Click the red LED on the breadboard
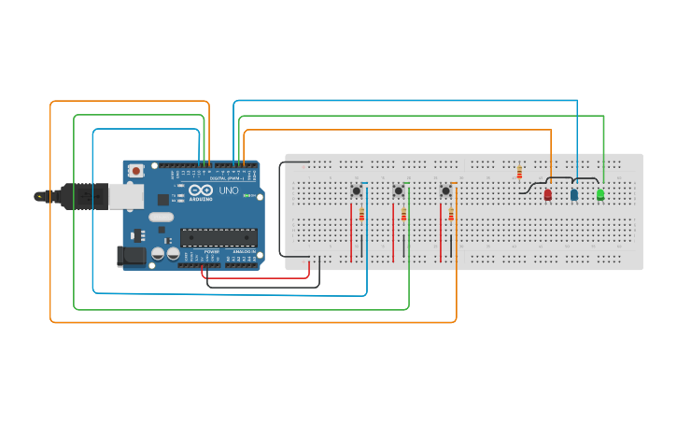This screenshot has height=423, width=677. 548,194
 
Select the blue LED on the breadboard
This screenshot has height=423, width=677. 574,194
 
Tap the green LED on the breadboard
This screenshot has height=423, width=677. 600,194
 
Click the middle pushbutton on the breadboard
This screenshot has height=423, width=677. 399,190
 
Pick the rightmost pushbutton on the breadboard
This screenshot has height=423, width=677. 445,190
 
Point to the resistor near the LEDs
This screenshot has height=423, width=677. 519,173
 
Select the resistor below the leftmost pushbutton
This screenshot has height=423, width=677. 360,216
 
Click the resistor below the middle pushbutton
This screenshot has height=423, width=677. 403,216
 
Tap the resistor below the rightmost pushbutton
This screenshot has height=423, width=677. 451,216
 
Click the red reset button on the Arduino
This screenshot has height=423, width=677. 136,171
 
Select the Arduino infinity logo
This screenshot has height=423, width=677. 200,190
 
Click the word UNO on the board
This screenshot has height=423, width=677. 228,190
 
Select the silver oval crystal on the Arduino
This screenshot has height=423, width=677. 161,218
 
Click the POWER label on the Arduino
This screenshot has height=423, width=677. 211,252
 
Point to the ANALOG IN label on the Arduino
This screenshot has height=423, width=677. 243,252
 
